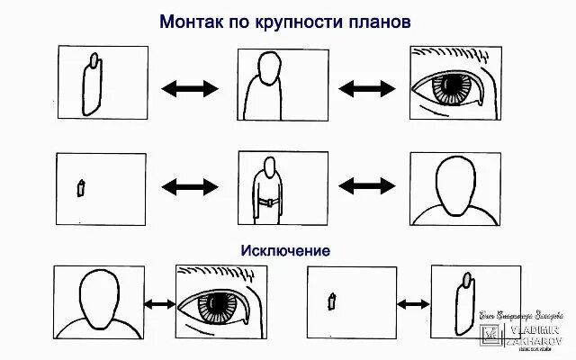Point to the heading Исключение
tap(285, 249)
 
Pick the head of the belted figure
tap(268, 167)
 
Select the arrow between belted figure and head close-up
tap(367, 186)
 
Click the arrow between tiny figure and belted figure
tap(190, 186)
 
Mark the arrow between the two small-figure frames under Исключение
tap(411, 304)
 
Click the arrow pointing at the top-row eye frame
tap(367, 88)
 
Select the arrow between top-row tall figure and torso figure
tap(190, 88)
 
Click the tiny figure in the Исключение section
tap(332, 301)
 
